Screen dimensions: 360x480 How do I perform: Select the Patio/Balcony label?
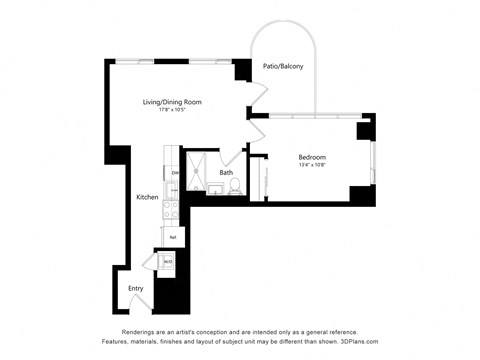point(284,67)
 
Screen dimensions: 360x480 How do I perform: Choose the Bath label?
point(227,172)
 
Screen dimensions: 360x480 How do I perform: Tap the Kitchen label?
point(147,197)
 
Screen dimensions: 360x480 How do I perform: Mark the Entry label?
point(136,288)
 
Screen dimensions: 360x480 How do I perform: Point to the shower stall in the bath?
point(198,163)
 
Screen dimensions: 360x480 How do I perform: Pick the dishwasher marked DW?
point(174,173)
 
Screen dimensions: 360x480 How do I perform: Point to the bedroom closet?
point(259,179)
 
